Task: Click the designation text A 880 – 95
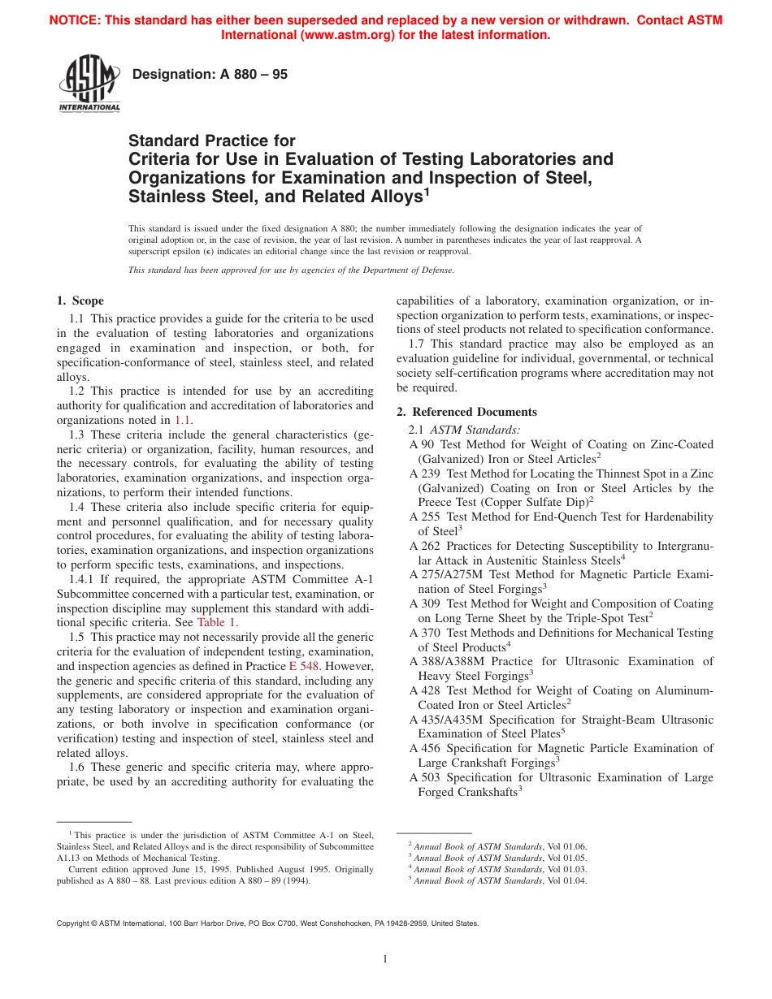tap(210, 75)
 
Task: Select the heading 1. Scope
tap(80, 301)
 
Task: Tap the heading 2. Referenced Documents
tap(466, 412)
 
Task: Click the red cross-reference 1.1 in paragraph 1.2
tap(183, 420)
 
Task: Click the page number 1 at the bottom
tap(386, 959)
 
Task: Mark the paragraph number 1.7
tap(417, 344)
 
